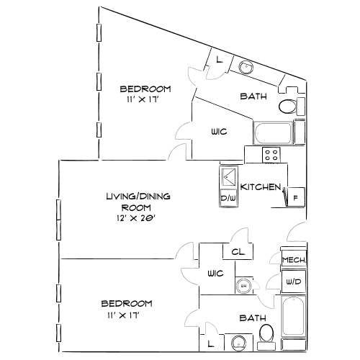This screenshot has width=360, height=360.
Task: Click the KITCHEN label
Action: tap(260, 187)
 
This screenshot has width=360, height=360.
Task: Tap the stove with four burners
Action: tap(271, 154)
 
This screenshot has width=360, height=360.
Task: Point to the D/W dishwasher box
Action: tap(228, 197)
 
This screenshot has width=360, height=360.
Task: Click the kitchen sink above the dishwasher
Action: tap(228, 176)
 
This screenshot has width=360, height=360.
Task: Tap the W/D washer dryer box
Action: tap(293, 282)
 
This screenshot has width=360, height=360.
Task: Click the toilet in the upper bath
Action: tap(287, 108)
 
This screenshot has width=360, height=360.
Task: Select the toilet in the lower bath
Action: tap(266, 333)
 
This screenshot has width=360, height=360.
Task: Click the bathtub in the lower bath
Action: tap(294, 317)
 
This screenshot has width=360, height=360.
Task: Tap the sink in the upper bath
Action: tap(246, 67)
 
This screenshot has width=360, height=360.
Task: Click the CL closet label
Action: tap(238, 252)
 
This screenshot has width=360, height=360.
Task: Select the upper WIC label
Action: tap(220, 132)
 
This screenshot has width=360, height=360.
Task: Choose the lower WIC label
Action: tap(215, 274)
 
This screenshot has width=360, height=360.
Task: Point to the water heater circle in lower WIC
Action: tap(243, 285)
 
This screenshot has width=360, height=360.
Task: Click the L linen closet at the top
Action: tap(219, 60)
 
